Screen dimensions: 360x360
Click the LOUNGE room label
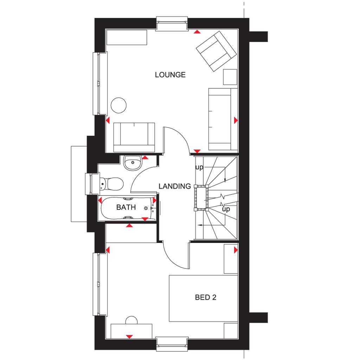click(x=170, y=75)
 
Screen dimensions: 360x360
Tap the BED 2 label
click(x=206, y=298)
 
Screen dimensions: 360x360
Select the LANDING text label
click(x=174, y=186)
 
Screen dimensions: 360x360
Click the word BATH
click(x=126, y=207)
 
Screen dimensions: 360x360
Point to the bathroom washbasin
click(x=132, y=162)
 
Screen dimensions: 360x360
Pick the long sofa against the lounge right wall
click(x=223, y=119)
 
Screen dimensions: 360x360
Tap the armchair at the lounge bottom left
click(x=134, y=137)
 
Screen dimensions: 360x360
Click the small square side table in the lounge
click(x=230, y=77)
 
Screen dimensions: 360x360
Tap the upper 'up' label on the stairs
click(x=199, y=168)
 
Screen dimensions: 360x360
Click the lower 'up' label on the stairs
click(x=226, y=210)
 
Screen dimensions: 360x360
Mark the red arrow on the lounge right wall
click(x=236, y=121)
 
